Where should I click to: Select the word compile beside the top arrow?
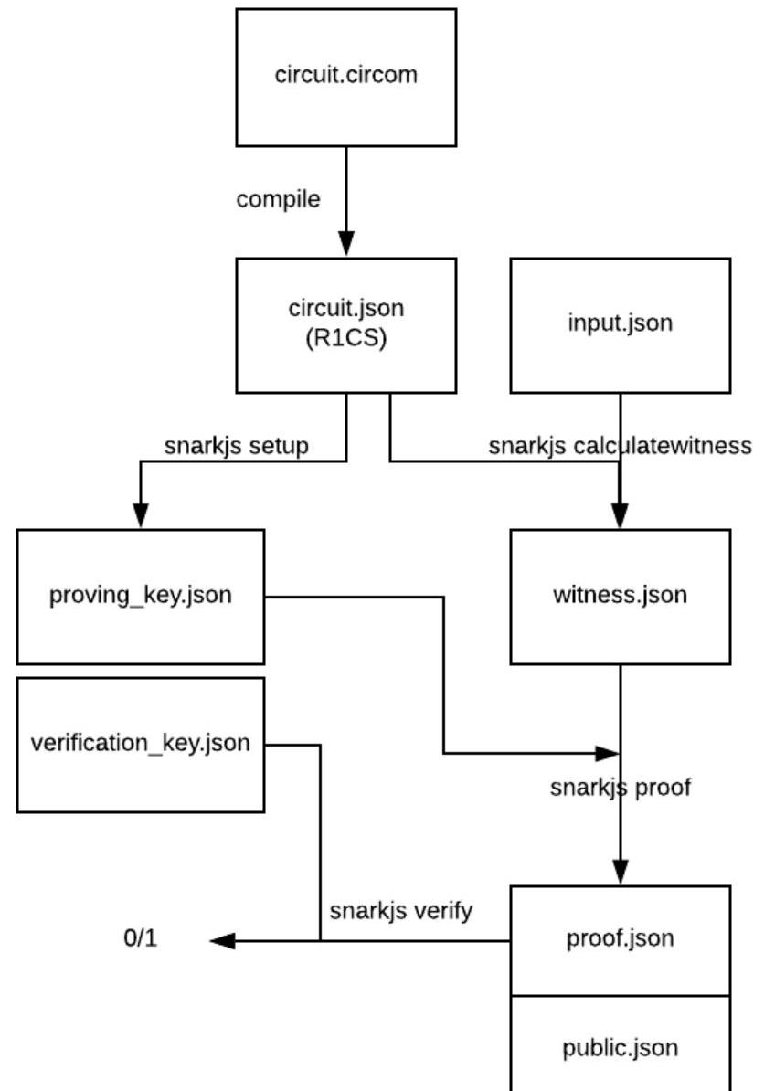[278, 199]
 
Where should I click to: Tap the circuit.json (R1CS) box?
[345, 325]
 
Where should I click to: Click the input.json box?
[620, 324]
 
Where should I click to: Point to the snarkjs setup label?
[236, 446]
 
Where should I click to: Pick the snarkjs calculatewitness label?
[620, 446]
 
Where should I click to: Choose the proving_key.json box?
[141, 596]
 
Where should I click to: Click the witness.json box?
[620, 596]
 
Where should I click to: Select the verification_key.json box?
[141, 744]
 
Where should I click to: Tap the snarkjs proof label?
[620, 788]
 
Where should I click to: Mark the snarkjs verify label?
[401, 911]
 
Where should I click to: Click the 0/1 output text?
[141, 938]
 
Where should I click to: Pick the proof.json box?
[620, 939]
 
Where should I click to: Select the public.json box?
[620, 1046]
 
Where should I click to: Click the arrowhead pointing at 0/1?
[222, 940]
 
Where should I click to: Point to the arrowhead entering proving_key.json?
[141, 517]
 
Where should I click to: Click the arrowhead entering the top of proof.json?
[621, 873]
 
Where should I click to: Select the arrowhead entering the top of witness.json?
[621, 516]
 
